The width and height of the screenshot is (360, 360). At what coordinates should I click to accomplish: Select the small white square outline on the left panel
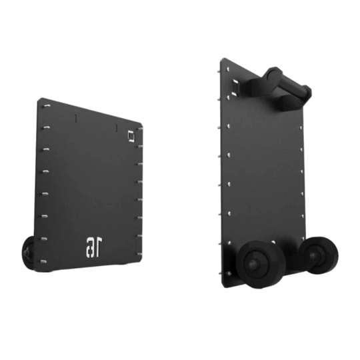(x=131, y=137)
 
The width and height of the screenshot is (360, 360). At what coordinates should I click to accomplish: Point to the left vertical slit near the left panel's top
(x=76, y=119)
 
